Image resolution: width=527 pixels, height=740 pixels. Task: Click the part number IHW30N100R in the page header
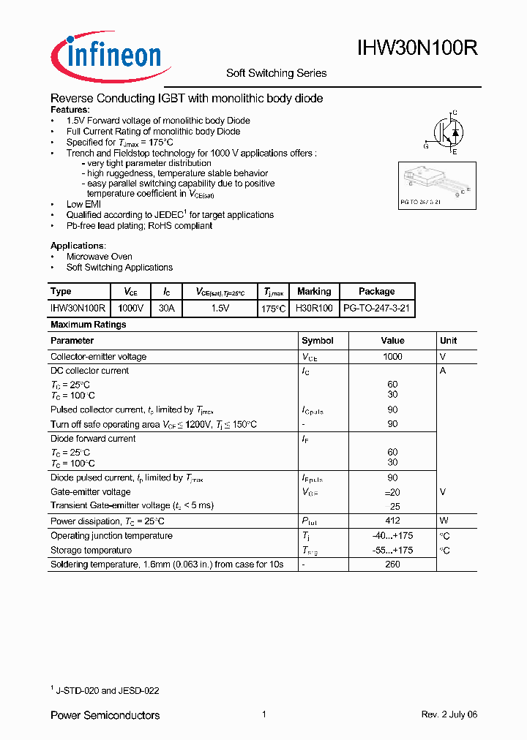418,49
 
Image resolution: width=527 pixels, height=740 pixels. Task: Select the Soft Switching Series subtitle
276,73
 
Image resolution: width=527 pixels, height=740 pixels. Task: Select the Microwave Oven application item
99,257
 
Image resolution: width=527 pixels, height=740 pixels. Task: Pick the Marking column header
314,292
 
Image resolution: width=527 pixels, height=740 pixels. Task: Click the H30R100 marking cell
314,309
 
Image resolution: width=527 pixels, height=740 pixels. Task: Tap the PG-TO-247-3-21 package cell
377,309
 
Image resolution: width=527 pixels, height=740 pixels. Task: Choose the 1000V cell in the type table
131,309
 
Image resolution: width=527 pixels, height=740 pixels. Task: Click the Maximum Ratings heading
88,325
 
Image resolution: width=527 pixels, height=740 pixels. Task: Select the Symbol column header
318,341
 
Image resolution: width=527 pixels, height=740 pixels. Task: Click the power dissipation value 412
392,521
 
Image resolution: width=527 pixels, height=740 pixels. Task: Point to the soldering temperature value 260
392,565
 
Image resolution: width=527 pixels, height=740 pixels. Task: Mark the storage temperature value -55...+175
392,551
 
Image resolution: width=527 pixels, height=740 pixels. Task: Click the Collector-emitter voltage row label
98,357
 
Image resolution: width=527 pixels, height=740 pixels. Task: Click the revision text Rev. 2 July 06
449,715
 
